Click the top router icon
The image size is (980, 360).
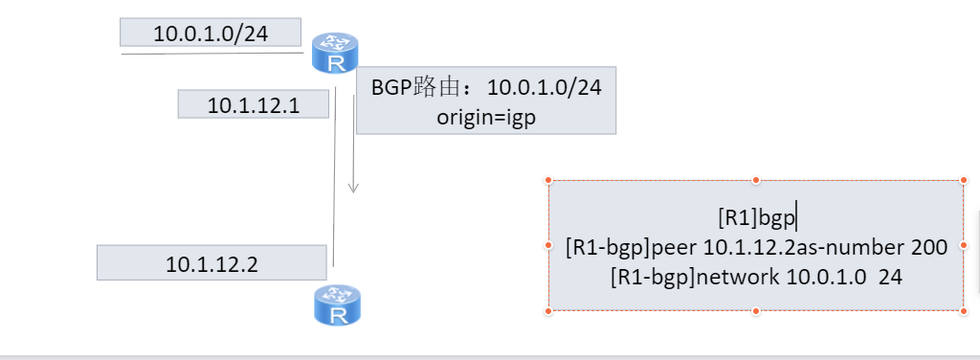point(335,53)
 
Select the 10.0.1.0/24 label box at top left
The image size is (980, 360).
point(211,34)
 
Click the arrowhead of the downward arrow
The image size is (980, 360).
point(353,187)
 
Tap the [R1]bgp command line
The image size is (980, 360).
point(756,218)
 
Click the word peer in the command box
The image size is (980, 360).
point(676,247)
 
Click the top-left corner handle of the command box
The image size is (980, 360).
point(549,180)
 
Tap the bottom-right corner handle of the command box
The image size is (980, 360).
point(963,310)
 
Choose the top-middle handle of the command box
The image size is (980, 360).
point(756,180)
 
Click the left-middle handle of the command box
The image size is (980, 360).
point(549,245)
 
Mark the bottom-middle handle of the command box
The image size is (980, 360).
point(756,310)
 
